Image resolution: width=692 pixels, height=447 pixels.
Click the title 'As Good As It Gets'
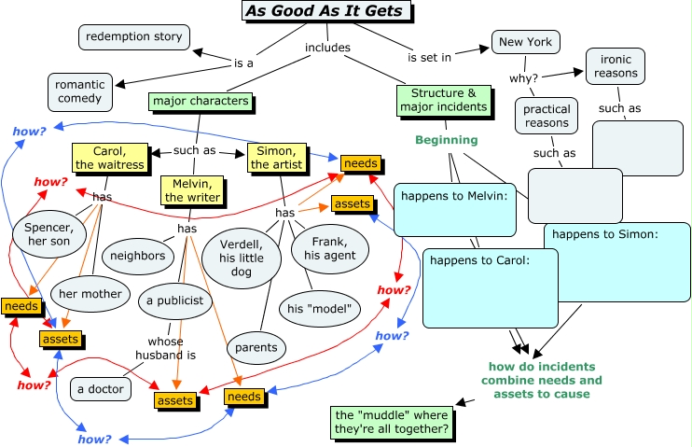click(x=325, y=11)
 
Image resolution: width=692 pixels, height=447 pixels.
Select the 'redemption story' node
click(x=133, y=37)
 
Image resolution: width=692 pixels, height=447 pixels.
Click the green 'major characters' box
click(x=200, y=101)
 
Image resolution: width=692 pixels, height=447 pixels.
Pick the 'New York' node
click(x=525, y=42)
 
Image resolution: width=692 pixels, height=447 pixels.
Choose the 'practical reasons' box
click(x=547, y=117)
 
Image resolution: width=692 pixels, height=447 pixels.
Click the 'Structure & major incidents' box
click(x=443, y=100)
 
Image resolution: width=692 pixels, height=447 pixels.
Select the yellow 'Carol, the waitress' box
click(x=110, y=158)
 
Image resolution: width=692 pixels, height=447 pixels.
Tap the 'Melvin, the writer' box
click(x=193, y=189)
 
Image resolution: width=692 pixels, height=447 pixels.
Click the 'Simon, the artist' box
click(x=277, y=158)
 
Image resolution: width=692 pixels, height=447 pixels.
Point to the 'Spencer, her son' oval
click(x=48, y=233)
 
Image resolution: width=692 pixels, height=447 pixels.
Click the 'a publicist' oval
click(x=174, y=300)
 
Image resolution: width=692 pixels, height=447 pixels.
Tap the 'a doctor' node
click(x=100, y=389)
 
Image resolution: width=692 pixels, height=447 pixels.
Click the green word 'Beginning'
click(x=445, y=140)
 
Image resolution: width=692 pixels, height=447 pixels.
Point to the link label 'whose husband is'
click(x=165, y=348)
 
